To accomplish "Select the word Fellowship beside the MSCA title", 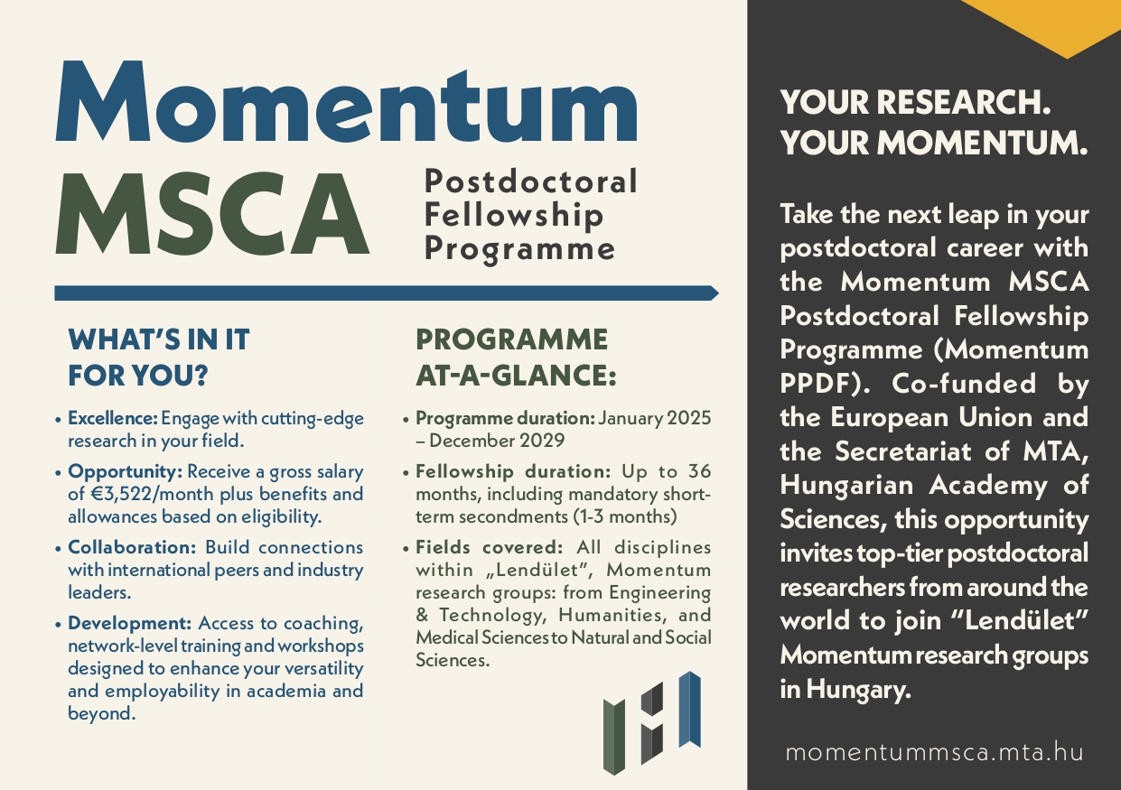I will pyautogui.click(x=514, y=215).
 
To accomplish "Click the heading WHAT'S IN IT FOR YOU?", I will pyautogui.click(x=159, y=355).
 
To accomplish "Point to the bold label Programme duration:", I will pyautogui.click(x=504, y=419).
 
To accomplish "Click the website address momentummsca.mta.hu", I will pyautogui.click(x=934, y=752).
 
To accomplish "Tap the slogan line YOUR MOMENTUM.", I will pyautogui.click(x=934, y=143).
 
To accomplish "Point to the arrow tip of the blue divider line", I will pyautogui.click(x=714, y=293).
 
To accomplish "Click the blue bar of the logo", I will pyautogui.click(x=690, y=709).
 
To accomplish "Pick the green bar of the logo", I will pyautogui.click(x=614, y=736).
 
